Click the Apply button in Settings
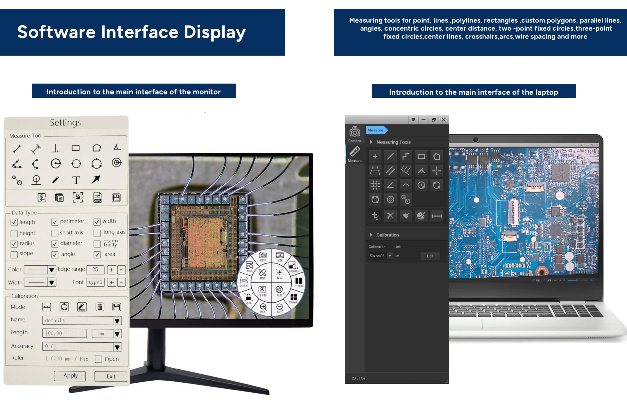[70, 376]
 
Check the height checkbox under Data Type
[14, 233]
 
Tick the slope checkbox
[14, 255]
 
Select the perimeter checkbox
[55, 222]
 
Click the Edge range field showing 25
[95, 270]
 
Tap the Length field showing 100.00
[64, 333]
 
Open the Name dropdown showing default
[117, 321]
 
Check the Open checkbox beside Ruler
[98, 359]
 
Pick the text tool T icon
[76, 180]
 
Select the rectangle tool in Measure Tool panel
[76, 148]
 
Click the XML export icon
[97, 197]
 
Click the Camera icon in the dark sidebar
[355, 132]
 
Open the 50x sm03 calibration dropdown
[390, 256]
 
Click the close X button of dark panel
[444, 120]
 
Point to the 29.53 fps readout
[359, 378]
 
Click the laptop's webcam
[476, 140]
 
